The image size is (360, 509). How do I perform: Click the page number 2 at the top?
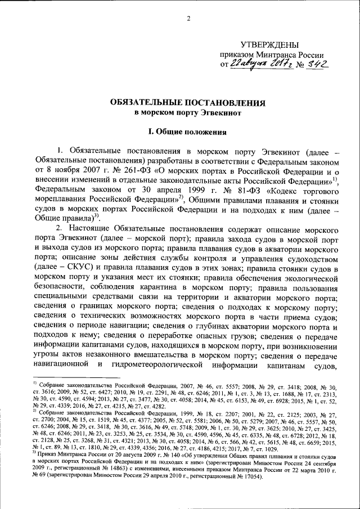[189, 19]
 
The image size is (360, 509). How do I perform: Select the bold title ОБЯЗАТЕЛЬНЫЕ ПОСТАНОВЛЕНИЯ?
[180, 103]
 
